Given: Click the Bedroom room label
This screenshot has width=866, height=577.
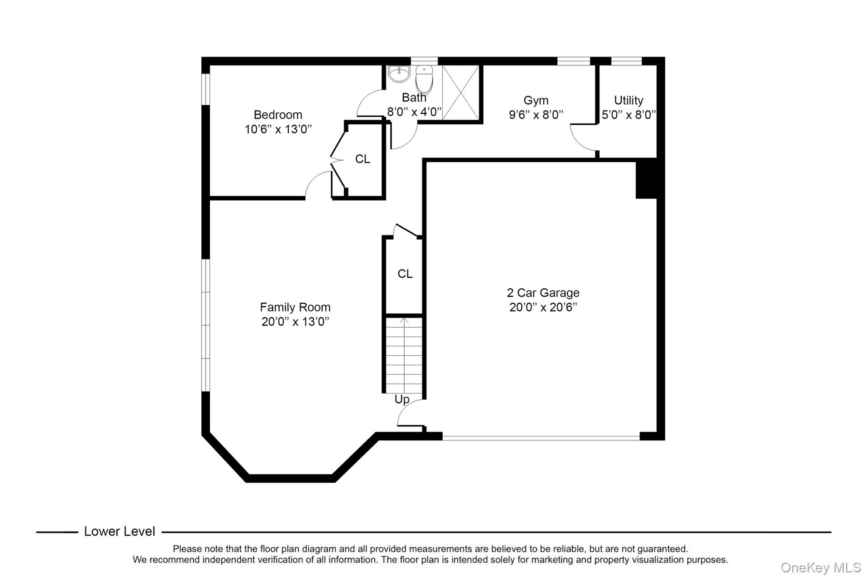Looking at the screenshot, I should (x=278, y=115).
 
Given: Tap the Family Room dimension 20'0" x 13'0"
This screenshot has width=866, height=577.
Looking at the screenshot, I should (x=295, y=322).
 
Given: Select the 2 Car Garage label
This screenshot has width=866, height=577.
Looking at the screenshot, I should (x=543, y=293).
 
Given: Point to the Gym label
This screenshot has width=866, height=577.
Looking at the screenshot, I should (x=536, y=100).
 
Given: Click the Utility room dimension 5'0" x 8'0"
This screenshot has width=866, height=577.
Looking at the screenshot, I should (x=628, y=115).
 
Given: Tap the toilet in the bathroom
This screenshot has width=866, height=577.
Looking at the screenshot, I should (x=424, y=80).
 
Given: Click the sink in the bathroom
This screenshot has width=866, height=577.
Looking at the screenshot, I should (x=399, y=74).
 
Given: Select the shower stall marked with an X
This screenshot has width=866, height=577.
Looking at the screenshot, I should (x=460, y=93).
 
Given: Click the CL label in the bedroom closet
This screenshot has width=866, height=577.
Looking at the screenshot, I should (x=362, y=159).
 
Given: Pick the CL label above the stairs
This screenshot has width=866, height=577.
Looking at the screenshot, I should (x=405, y=274).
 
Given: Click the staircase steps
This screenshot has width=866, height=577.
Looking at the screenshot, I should (x=404, y=355).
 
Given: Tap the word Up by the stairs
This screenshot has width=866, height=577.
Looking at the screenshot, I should (x=402, y=399).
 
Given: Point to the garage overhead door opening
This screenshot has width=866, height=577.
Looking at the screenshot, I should (x=541, y=438).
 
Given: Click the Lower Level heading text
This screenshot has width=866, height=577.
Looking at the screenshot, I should (x=120, y=531).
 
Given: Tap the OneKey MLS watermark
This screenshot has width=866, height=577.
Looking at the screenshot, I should (x=820, y=567).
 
